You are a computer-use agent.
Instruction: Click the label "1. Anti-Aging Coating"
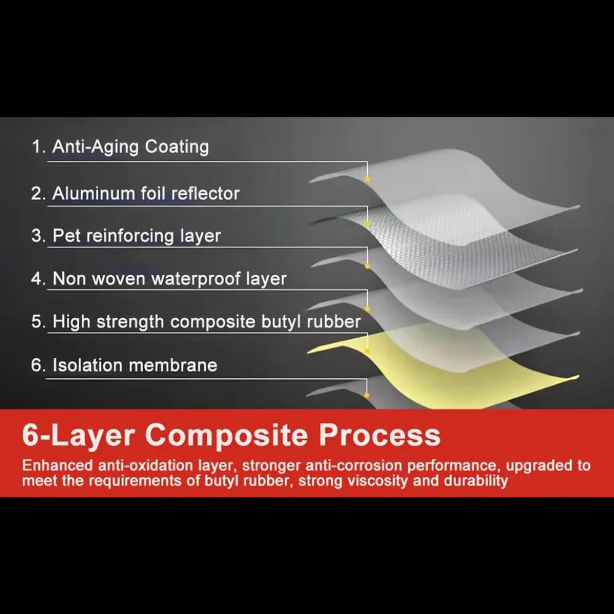(120, 147)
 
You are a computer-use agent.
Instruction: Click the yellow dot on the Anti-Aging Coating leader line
(367, 179)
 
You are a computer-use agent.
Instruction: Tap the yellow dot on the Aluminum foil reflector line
(367, 224)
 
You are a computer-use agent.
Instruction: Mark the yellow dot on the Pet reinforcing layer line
(367, 266)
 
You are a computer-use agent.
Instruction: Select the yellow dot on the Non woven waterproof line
(367, 309)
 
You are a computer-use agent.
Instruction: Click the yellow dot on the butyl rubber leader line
(367, 351)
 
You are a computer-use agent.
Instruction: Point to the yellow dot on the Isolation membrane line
(367, 395)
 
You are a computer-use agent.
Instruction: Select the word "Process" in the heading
(380, 435)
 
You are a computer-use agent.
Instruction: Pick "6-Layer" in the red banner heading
(79, 435)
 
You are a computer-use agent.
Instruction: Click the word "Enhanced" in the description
(58, 465)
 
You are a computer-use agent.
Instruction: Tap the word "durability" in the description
(475, 481)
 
